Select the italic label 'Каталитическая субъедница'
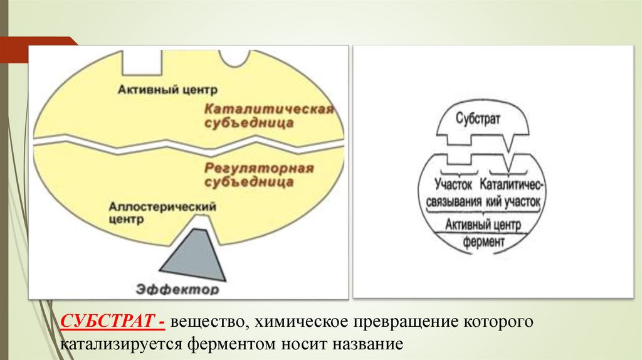[268, 116]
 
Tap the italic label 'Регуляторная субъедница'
[258, 175]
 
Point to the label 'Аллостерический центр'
[162, 213]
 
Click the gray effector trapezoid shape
[194, 253]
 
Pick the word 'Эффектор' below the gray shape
[177, 289]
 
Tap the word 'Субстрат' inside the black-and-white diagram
[478, 119]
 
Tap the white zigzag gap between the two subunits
[188, 142]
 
